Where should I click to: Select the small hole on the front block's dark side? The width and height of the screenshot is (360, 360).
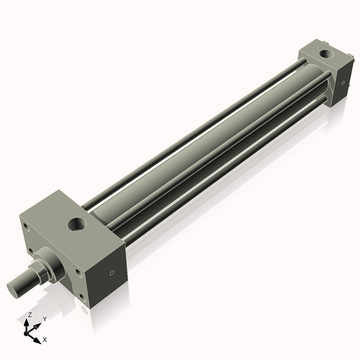click(x=111, y=273)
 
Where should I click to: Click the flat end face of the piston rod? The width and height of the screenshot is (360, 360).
click(x=16, y=287)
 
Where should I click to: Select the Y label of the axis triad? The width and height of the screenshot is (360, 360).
click(x=44, y=319)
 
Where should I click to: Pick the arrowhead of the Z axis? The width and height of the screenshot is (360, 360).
click(x=27, y=323)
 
